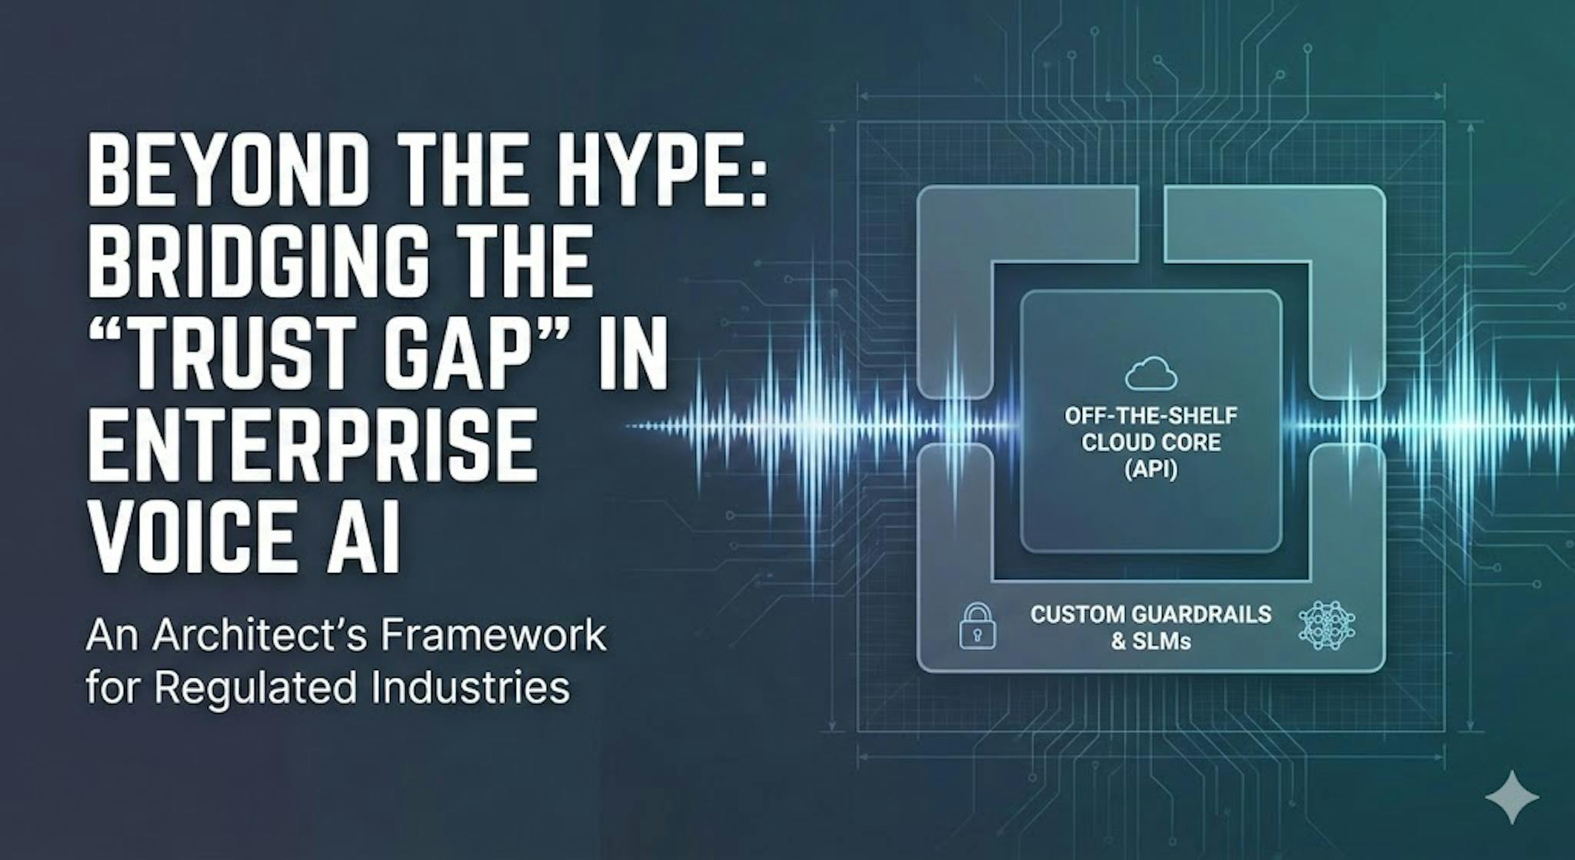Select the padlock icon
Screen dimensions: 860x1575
977,626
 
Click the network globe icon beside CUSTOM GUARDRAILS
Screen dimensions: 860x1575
1327,626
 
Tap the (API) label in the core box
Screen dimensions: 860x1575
1150,468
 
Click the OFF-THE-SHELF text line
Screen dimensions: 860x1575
1150,416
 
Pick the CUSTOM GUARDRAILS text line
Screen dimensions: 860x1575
1150,615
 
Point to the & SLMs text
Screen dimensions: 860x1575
1150,641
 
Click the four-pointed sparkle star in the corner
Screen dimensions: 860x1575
1512,797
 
